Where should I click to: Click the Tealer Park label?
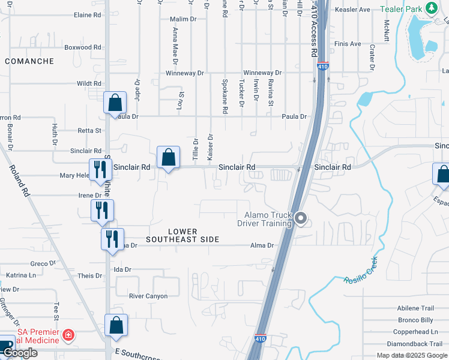pos(400,9)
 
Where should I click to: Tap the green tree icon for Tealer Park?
pos(430,8)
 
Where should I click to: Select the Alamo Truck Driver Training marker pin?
pos(301,219)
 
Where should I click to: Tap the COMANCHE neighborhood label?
pos(29,61)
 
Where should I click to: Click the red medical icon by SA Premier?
pos(68,334)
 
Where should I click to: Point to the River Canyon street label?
pos(148,296)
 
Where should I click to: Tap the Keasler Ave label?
pos(352,10)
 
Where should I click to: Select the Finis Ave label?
pos(348,44)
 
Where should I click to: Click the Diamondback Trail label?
pos(414,344)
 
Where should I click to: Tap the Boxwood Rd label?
pos(82,47)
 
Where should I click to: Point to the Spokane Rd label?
pos(224,96)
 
